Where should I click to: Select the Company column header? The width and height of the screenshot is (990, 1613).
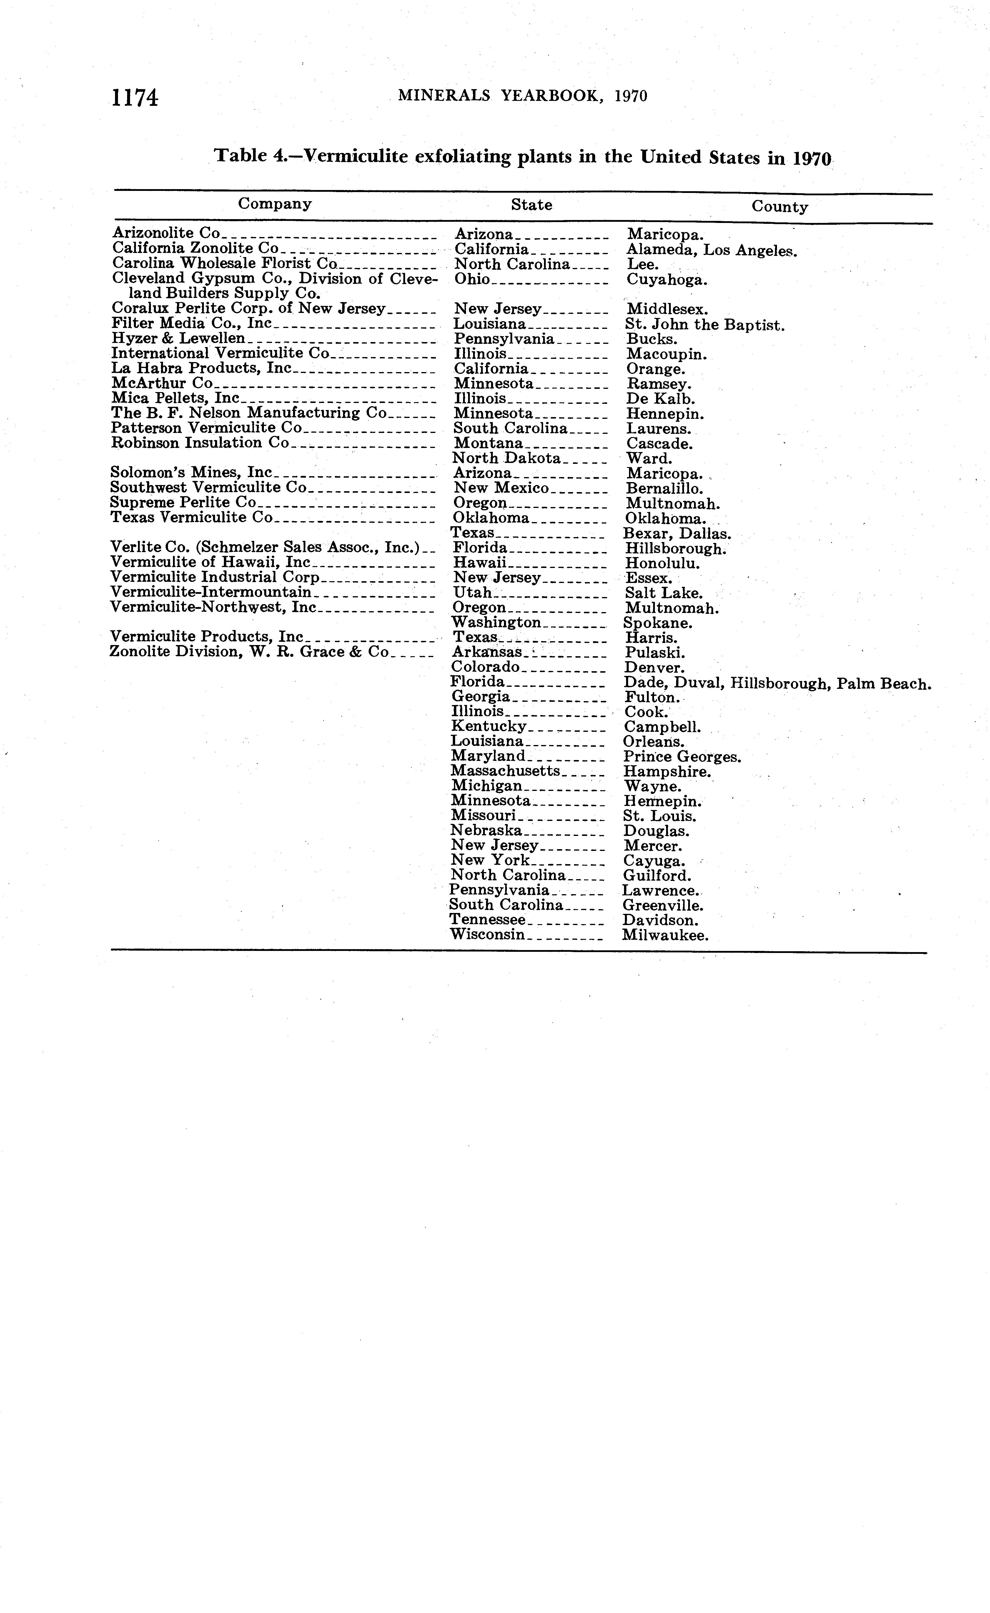pyautogui.click(x=274, y=204)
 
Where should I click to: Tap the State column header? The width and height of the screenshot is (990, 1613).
pyautogui.click(x=531, y=205)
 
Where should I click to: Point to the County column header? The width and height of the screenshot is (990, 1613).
pyautogui.click(x=779, y=207)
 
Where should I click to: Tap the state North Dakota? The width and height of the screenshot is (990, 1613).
pyautogui.click(x=507, y=458)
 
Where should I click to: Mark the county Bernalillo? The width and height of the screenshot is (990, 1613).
pyautogui.click(x=664, y=488)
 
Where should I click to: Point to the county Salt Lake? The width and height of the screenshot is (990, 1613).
pyautogui.click(x=663, y=593)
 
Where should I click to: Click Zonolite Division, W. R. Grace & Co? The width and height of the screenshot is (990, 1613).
pyautogui.click(x=249, y=652)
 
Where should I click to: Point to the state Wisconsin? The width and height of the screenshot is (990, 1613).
pyautogui.click(x=487, y=935)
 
